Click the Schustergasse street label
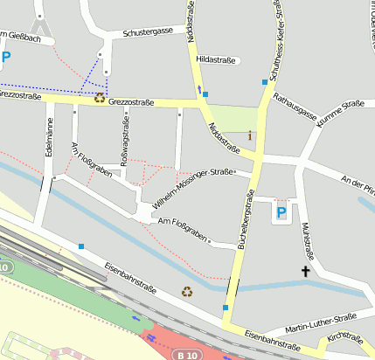(x=148, y=31)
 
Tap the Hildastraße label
(x=218, y=59)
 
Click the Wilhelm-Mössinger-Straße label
(x=192, y=190)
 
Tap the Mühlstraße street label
(x=305, y=237)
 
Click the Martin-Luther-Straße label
(x=322, y=319)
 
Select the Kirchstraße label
(x=344, y=336)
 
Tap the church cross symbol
(x=306, y=272)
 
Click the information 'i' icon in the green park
(x=251, y=135)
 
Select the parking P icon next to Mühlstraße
(x=281, y=212)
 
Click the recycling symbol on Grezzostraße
(x=100, y=99)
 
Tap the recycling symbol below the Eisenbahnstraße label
(x=186, y=291)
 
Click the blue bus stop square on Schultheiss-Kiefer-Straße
(x=265, y=82)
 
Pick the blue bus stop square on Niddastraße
(x=205, y=93)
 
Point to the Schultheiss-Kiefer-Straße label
(x=274, y=37)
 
